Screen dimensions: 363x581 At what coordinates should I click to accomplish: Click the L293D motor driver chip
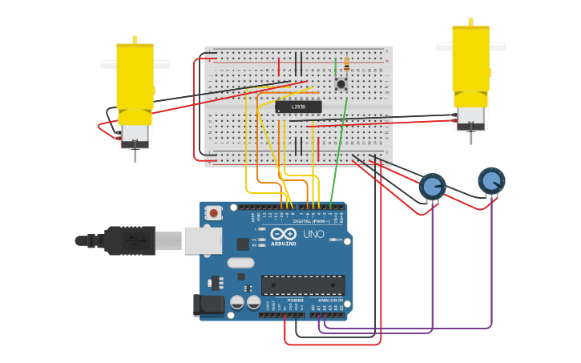(x=298, y=107)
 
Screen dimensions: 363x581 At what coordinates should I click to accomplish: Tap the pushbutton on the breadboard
(x=341, y=83)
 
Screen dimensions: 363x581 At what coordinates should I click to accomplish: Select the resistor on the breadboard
(x=346, y=64)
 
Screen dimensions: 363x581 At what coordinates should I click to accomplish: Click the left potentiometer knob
(x=432, y=187)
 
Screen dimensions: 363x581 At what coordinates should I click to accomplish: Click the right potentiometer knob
(x=491, y=181)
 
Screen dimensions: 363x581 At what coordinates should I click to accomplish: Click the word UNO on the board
(x=313, y=234)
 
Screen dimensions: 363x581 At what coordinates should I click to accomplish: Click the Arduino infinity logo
(x=283, y=234)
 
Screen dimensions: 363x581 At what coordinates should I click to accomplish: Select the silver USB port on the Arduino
(x=203, y=240)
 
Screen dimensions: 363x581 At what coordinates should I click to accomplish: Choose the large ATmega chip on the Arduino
(x=303, y=285)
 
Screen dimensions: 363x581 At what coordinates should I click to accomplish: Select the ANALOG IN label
(x=330, y=300)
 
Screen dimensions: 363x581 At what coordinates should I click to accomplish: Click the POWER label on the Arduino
(x=295, y=300)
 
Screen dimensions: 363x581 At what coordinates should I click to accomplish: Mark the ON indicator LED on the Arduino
(x=340, y=240)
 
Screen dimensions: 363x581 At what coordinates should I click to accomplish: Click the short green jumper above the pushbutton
(x=336, y=66)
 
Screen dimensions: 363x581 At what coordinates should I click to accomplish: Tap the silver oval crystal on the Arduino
(x=240, y=263)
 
